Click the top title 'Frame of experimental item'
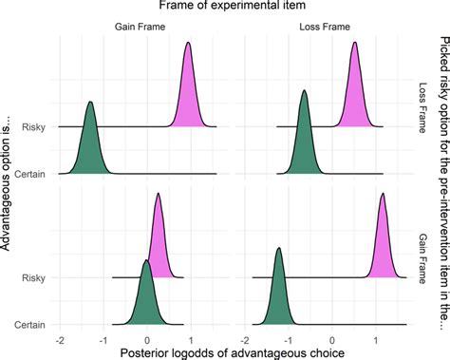pyautogui.click(x=224, y=9)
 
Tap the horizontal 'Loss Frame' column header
pyautogui.click(x=328, y=28)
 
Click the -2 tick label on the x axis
pyautogui.click(x=60, y=338)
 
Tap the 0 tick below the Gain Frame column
pyautogui.click(x=147, y=338)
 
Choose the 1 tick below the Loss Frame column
pyautogui.click(x=376, y=338)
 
